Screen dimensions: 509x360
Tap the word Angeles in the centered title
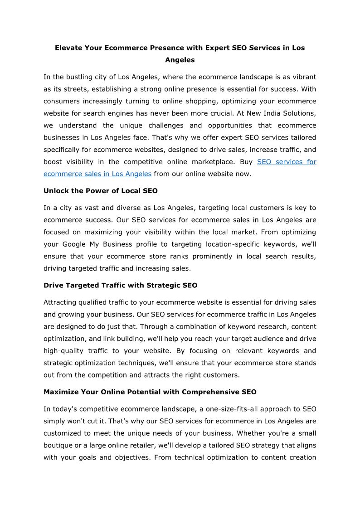point(180,60)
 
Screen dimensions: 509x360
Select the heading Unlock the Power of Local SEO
point(101,191)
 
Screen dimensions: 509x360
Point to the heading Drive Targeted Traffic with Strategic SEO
point(121,285)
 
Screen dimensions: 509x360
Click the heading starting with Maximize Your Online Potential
point(150,392)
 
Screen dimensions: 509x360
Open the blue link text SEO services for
point(287,162)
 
